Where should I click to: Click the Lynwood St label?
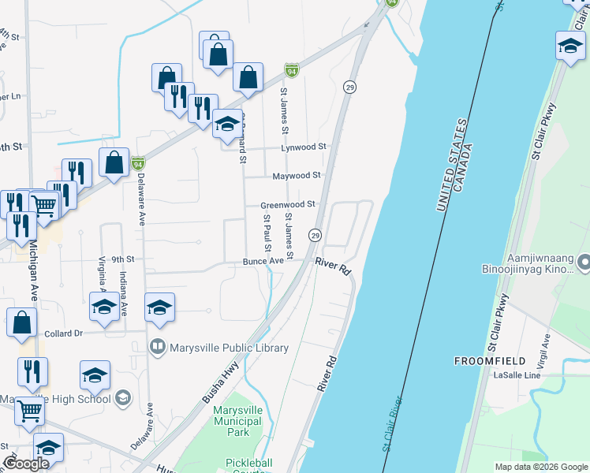click(304, 147)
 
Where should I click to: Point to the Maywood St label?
click(297, 176)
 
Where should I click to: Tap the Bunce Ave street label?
click(263, 261)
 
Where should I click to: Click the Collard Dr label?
click(63, 333)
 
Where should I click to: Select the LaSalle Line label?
click(517, 375)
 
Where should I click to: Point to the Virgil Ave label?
click(546, 352)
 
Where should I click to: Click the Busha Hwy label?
click(220, 383)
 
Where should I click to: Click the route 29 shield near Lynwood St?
click(348, 87)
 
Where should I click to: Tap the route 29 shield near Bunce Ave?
click(315, 235)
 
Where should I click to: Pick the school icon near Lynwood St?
click(227, 125)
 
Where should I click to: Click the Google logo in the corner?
click(26, 464)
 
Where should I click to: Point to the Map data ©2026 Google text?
click(540, 467)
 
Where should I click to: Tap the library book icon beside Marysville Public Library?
click(158, 347)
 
